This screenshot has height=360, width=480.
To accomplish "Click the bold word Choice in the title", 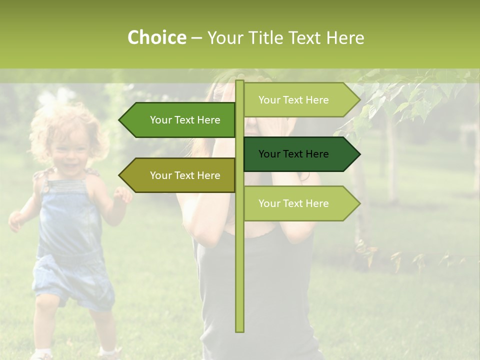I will click(156, 38).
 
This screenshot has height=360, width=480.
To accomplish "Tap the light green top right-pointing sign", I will click(300, 100).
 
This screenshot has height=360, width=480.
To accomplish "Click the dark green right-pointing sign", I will click(300, 154).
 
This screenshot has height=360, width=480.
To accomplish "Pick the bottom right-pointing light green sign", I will click(300, 203).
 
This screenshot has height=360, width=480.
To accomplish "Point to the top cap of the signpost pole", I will click(239, 82).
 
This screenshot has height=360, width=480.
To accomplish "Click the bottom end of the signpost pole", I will click(239, 330).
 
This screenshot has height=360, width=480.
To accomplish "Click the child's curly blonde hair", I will click(55, 120).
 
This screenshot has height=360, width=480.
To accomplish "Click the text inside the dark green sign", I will click(293, 154).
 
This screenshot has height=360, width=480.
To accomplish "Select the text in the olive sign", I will click(185, 175).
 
